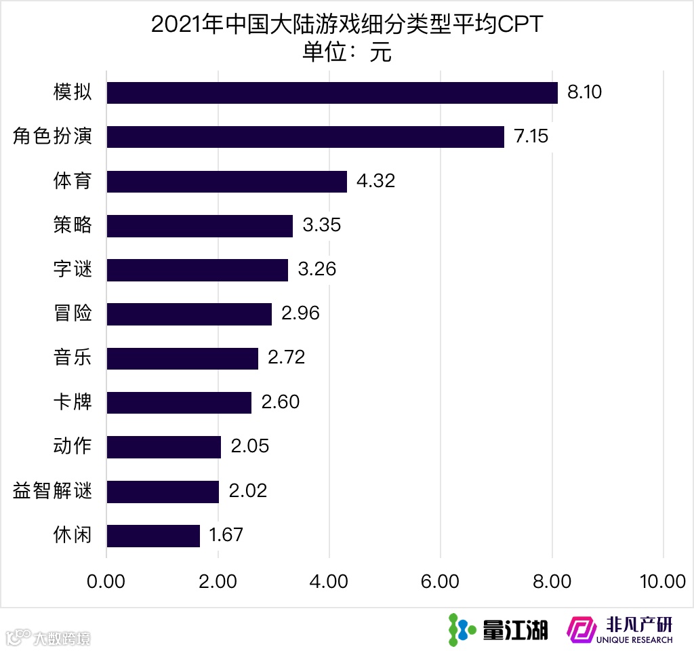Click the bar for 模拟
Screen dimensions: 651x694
click(332, 93)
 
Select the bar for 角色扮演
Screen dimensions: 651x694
click(306, 137)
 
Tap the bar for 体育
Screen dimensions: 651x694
click(227, 182)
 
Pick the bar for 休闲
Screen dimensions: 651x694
click(153, 536)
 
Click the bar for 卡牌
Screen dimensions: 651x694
click(179, 403)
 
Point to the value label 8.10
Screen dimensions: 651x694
click(584, 93)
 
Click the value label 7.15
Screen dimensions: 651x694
click(531, 137)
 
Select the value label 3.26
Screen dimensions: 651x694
click(317, 270)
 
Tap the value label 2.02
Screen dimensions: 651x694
click(248, 491)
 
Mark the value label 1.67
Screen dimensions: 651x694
click(226, 536)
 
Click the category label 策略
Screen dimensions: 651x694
click(73, 226)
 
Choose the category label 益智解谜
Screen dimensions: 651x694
click(52, 491)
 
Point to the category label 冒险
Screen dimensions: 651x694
click(73, 314)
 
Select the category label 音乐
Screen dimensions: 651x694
click(73, 358)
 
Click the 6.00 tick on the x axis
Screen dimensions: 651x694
click(441, 582)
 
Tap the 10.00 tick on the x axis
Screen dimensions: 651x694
click(662, 582)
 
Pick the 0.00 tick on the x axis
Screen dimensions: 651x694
click(107, 582)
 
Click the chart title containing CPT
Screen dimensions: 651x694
click(347, 26)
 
